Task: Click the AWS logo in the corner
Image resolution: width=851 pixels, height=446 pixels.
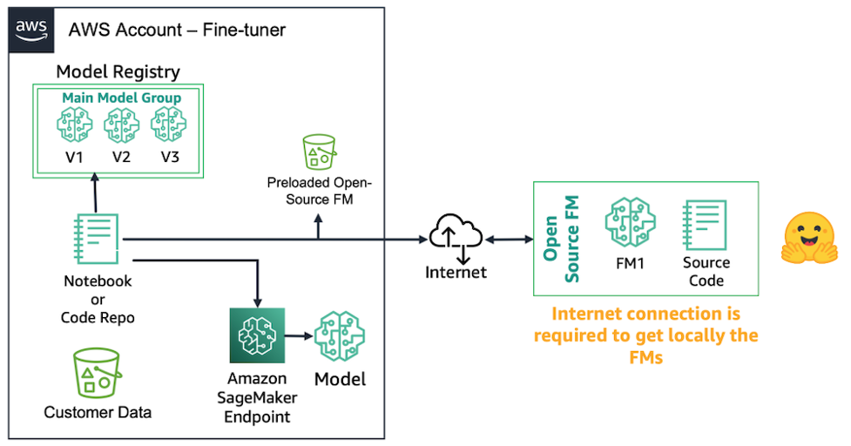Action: coord(31,30)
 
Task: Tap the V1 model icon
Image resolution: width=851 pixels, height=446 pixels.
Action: coord(74,125)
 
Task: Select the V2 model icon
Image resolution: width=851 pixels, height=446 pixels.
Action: coord(122,125)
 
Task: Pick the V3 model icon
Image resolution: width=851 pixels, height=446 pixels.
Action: coord(169,125)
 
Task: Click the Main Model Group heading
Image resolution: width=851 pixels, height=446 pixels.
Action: coord(122,98)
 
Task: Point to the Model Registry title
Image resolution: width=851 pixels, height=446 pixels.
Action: coord(118,71)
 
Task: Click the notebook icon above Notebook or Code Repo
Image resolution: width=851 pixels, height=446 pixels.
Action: coord(96,239)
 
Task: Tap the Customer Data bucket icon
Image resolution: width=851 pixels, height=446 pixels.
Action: coord(98,373)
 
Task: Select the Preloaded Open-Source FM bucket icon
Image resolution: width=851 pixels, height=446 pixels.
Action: coord(319,152)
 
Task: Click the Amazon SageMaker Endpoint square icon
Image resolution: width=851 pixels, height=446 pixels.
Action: coord(257,335)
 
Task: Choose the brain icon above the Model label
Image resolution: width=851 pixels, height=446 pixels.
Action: coord(340,336)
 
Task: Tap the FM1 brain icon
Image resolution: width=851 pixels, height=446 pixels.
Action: coord(630,222)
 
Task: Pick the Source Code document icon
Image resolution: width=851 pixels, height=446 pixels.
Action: coord(705,225)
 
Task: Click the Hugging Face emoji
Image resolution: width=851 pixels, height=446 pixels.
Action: coord(809,238)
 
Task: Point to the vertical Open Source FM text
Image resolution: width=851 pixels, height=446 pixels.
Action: coord(561,239)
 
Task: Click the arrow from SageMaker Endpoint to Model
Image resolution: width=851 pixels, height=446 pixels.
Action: coord(299,336)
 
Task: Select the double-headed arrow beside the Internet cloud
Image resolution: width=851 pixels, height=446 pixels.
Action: coord(509,240)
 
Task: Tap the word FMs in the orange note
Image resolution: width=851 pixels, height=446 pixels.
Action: coord(645,357)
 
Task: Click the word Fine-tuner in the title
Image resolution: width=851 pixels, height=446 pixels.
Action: coord(244,30)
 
